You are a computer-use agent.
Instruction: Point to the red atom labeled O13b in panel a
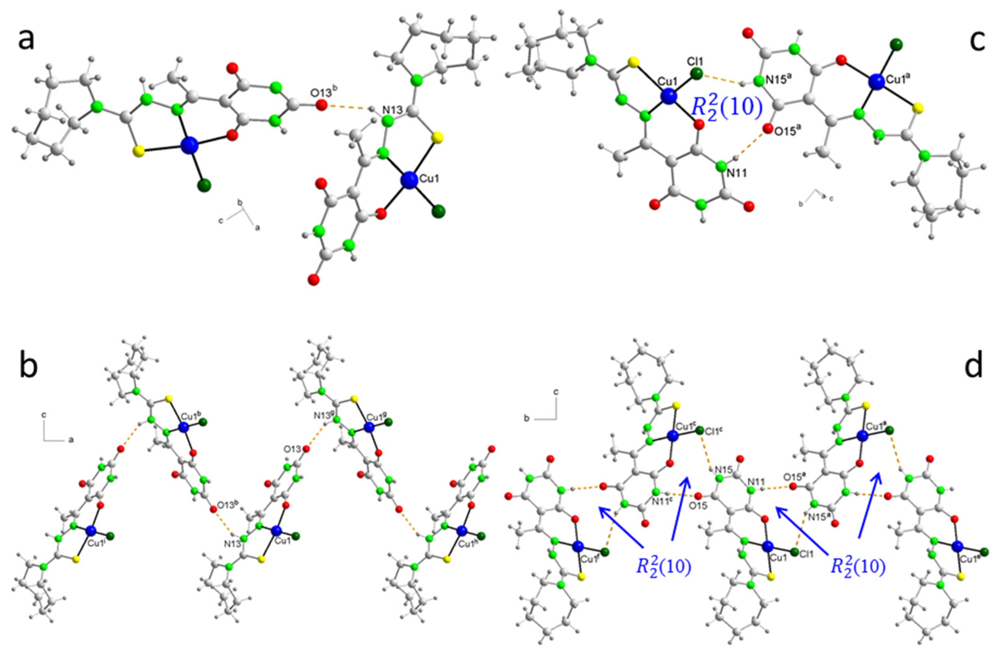tap(321, 105)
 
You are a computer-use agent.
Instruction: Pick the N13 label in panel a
tap(392, 110)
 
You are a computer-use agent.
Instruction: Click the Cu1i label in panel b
tap(96, 541)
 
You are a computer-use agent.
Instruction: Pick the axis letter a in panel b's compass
tap(71, 440)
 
